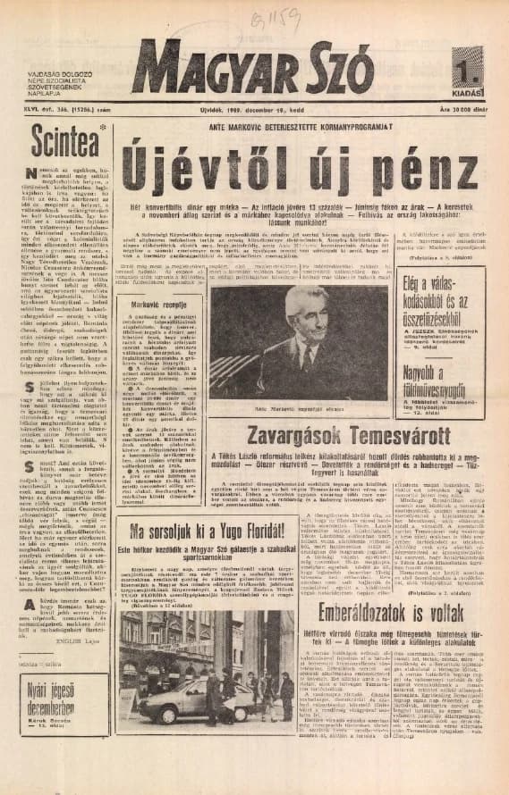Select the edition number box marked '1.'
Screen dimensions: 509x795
[x=473, y=68]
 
